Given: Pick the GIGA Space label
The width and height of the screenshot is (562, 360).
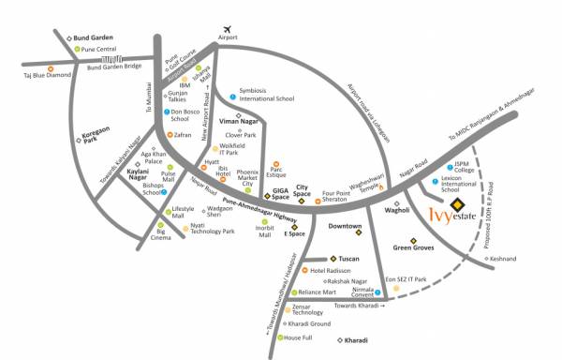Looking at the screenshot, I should tap(279, 193).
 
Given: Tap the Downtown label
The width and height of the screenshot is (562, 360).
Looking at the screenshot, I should tap(345, 226).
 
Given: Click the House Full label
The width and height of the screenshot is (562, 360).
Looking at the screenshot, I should tap(298, 337).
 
